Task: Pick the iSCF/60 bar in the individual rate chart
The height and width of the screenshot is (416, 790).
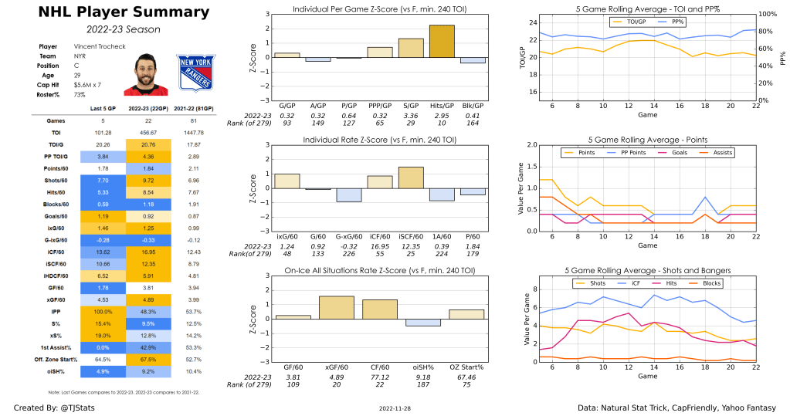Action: coord(411,178)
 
